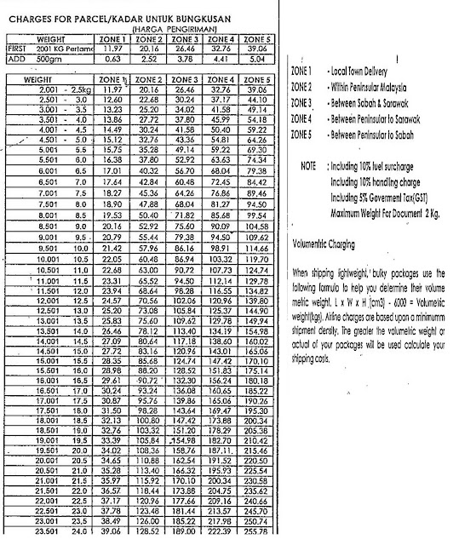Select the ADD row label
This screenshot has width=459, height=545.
[x=17, y=60]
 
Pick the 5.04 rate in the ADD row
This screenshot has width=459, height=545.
[x=256, y=60]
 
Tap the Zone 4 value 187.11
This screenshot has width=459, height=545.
[x=221, y=449]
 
